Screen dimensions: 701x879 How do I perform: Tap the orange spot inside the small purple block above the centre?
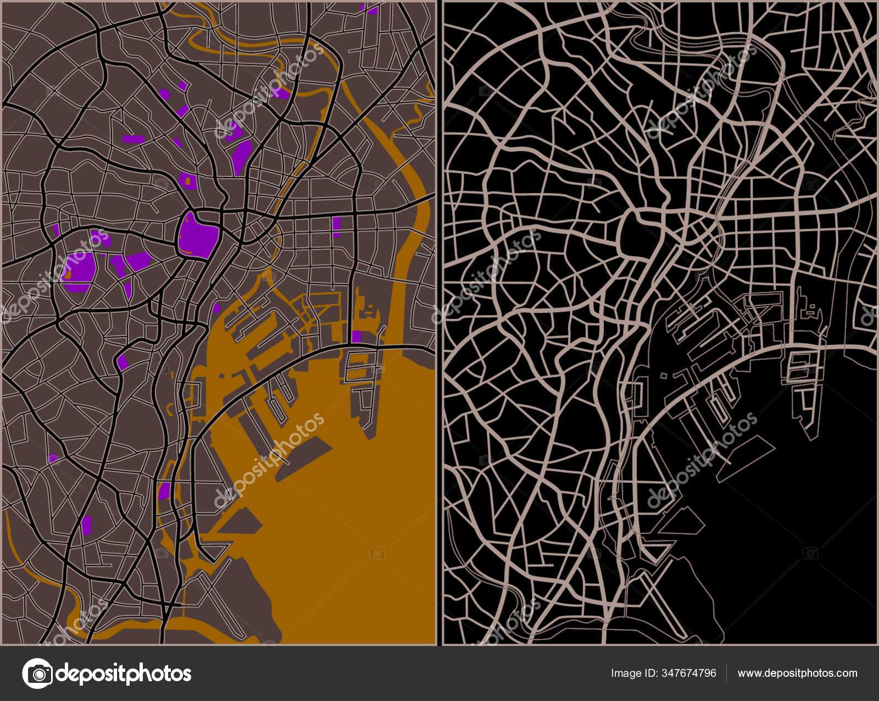coord(187,180)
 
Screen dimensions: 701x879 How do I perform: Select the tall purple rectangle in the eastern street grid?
coord(336,227)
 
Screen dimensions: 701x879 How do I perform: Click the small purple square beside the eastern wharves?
coord(357,336)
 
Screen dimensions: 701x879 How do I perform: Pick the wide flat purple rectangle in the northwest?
coord(134,139)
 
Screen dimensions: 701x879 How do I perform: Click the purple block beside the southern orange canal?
coord(164,490)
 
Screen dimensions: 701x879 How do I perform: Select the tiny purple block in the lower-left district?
coord(53,458)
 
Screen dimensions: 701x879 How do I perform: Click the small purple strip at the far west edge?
coord(56,229)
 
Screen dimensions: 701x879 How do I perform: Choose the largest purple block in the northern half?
coord(241,157)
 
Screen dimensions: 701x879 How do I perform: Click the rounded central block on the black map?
coord(637,234)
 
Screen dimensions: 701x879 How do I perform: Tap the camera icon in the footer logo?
coord(37,673)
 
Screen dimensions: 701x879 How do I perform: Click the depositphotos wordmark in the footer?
coord(124,673)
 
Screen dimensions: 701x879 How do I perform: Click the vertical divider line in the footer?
coord(727,673)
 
